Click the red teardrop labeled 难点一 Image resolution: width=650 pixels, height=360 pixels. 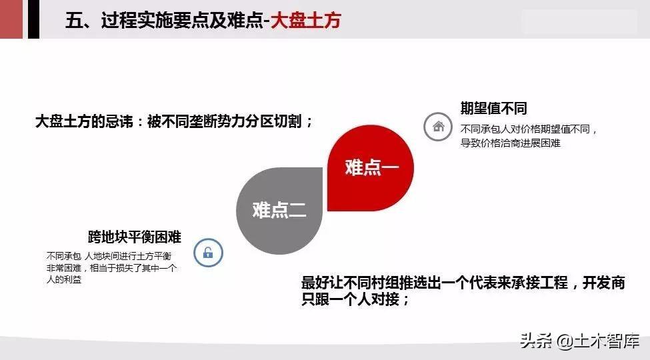click(370, 168)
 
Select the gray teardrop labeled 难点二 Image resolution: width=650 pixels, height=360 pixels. click(279, 211)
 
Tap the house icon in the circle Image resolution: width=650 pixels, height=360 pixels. click(438, 127)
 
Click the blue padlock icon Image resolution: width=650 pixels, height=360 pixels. click(208, 252)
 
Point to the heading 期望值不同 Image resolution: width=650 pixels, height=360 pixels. click(494, 109)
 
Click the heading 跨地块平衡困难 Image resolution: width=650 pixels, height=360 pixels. click(135, 237)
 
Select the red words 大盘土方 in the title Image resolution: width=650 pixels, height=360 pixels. click(306, 20)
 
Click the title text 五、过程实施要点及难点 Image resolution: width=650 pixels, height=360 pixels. click(164, 20)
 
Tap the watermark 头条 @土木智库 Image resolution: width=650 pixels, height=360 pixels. click(579, 341)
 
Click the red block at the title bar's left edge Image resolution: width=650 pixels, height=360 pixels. click(11, 19)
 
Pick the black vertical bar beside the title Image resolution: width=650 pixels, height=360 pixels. click(33, 19)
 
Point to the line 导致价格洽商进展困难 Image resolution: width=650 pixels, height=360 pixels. click(510, 143)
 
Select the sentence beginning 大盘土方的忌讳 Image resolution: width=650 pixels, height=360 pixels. click(174, 121)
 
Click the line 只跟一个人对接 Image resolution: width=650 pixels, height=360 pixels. click(355, 299)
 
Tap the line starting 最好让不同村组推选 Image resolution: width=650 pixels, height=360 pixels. click(463, 283)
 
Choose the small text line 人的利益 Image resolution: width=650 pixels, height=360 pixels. click(64, 279)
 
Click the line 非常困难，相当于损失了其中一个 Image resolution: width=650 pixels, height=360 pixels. click(111, 268)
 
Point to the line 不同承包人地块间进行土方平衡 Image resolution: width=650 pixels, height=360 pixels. click(109, 256)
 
